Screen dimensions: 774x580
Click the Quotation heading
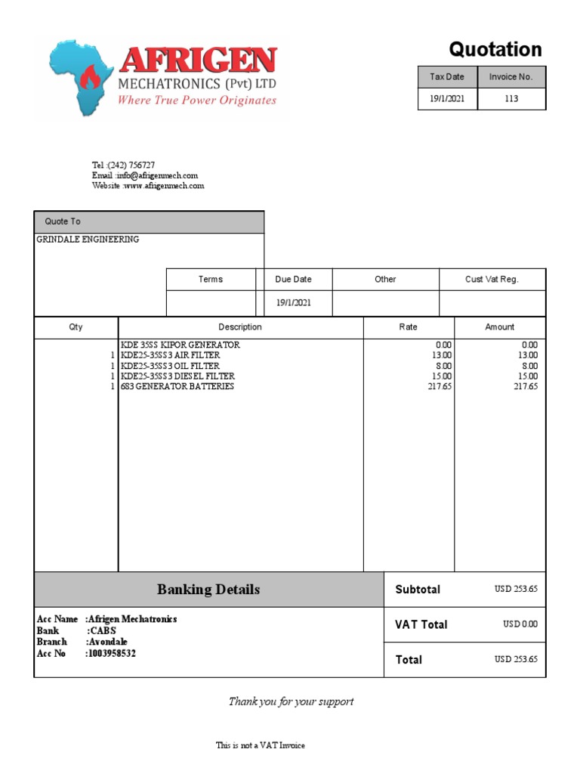(495, 50)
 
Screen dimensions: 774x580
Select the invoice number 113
(511, 99)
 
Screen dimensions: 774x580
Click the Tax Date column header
(447, 77)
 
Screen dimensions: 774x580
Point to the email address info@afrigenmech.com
(145, 175)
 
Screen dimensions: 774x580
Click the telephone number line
(124, 165)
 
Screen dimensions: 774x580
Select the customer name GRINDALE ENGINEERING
(88, 240)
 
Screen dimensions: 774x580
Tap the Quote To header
(63, 221)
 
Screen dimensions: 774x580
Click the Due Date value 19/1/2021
(293, 302)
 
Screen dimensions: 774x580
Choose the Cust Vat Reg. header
(492, 280)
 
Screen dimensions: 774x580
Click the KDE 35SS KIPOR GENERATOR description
(180, 345)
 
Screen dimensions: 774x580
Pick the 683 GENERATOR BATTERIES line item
(177, 386)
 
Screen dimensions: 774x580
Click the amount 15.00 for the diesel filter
(527, 376)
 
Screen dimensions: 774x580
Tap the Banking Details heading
(208, 590)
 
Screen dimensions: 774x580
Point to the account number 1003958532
(111, 653)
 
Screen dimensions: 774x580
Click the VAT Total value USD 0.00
(520, 624)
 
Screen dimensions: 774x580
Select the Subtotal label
(418, 590)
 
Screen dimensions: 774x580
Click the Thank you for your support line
(291, 701)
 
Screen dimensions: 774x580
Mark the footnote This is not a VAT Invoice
(261, 745)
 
